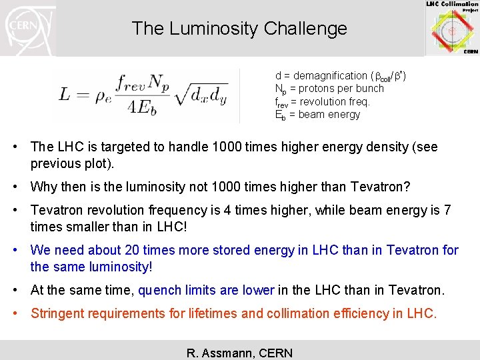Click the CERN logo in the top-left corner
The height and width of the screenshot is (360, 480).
point(29,28)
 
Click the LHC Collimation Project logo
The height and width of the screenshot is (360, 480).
point(453,28)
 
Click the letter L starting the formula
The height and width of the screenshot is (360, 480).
point(64,95)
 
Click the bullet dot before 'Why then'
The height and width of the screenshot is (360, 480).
point(21,187)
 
